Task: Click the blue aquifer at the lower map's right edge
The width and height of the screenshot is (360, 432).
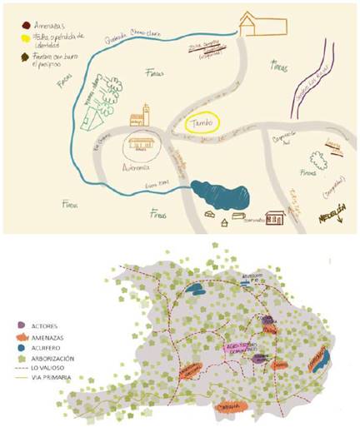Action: coord(326,358)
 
